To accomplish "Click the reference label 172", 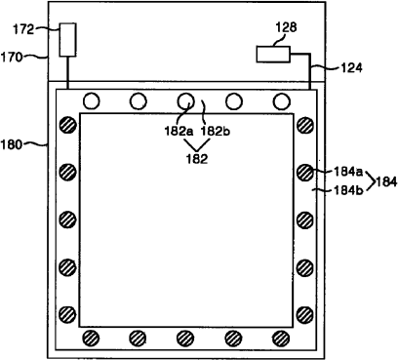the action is click(x=23, y=29).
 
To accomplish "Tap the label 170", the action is click(x=12, y=58).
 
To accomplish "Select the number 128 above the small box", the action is click(x=286, y=27).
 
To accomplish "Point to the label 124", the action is click(x=351, y=67).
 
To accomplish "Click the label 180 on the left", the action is click(x=12, y=144).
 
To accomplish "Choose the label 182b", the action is click(x=216, y=131).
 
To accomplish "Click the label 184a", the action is click(x=348, y=172).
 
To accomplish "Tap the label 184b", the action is click(x=348, y=190).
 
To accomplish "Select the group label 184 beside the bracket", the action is click(x=386, y=181).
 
